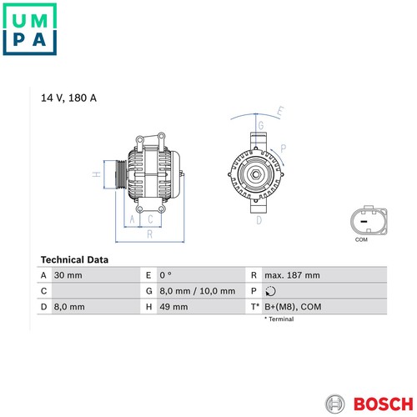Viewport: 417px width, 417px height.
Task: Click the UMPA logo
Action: point(29,29)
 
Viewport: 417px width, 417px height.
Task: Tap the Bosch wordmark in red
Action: point(384,404)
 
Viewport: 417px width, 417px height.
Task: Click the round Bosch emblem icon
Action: point(335,404)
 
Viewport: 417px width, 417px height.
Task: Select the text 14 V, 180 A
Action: point(68,98)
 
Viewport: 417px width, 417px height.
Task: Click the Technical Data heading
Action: point(74,259)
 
